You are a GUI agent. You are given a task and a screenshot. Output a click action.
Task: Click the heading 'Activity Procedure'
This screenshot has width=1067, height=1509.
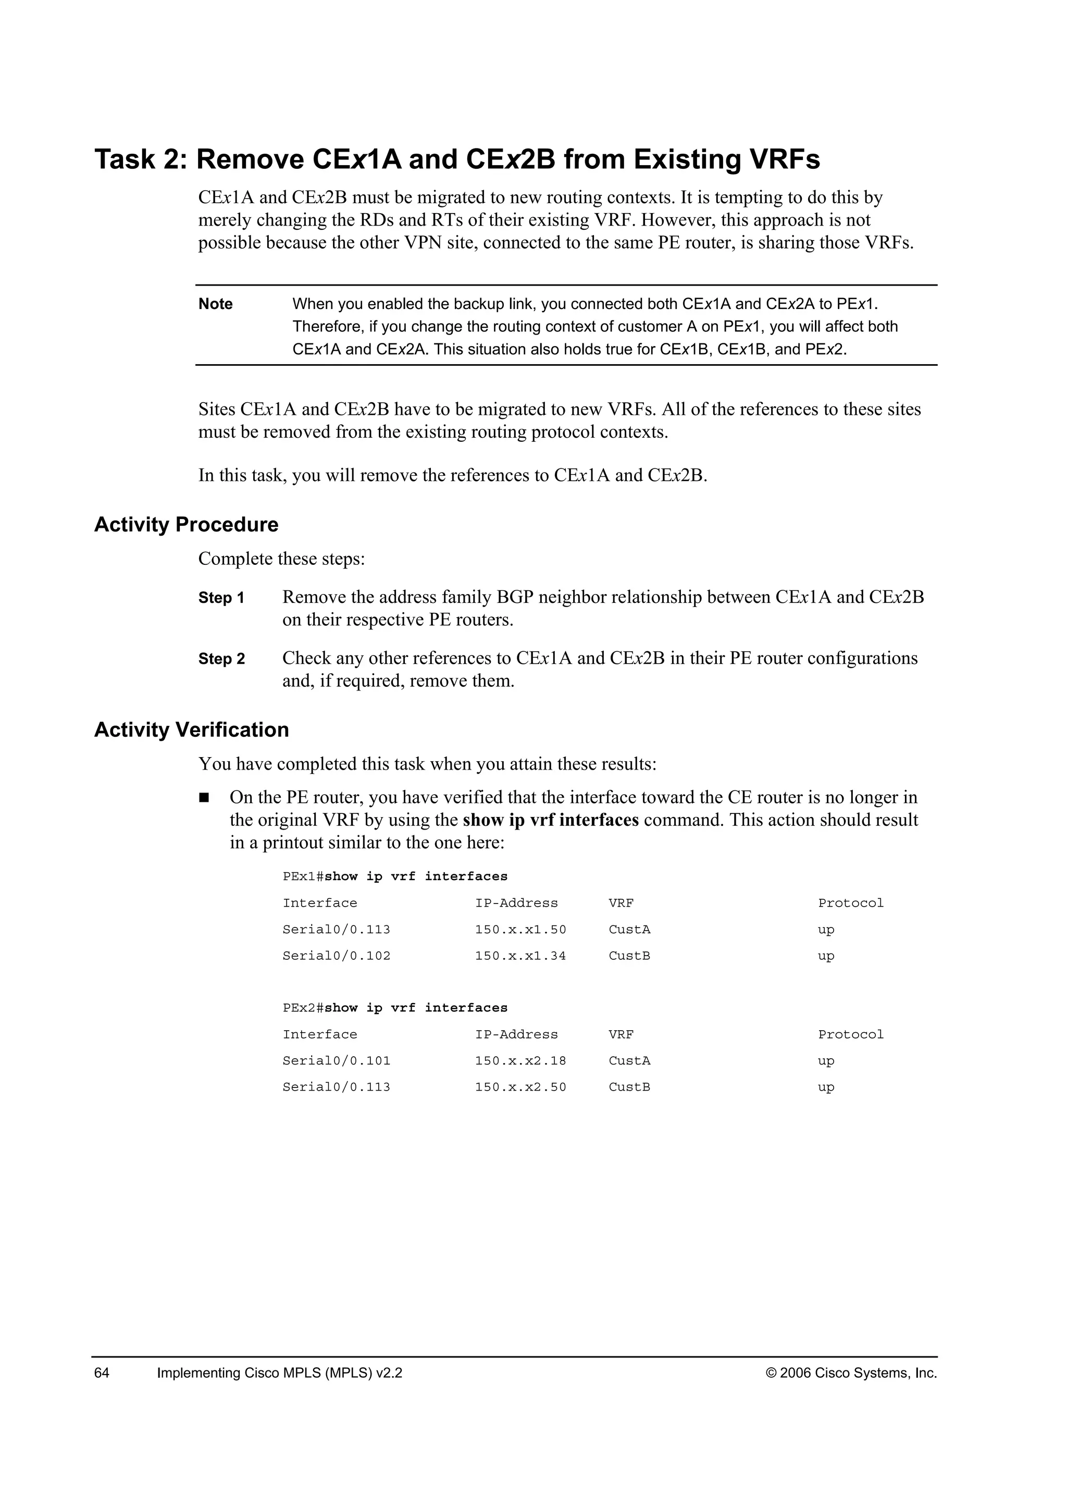click(x=186, y=525)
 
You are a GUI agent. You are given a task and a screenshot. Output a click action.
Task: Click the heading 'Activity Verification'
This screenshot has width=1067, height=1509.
click(x=191, y=729)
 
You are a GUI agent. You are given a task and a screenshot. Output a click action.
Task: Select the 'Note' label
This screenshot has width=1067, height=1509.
click(x=216, y=304)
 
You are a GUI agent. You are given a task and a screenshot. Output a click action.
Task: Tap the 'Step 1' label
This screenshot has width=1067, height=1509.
click(x=221, y=598)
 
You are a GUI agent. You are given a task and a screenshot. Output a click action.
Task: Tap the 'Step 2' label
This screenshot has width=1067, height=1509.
click(x=221, y=659)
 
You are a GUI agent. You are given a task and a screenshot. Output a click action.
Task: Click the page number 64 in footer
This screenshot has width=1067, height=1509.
click(x=102, y=1373)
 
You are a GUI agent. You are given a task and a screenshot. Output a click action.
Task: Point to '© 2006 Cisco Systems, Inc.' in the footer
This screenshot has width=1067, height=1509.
click(x=851, y=1373)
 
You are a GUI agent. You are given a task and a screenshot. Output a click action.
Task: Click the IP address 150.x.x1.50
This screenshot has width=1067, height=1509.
click(x=520, y=930)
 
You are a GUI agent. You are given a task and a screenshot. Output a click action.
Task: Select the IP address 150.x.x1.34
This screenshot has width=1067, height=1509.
click(x=520, y=956)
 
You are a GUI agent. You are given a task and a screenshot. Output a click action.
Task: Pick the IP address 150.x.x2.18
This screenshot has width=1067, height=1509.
click(x=520, y=1061)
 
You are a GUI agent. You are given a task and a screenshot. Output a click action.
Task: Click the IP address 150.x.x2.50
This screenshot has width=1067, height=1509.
click(x=520, y=1087)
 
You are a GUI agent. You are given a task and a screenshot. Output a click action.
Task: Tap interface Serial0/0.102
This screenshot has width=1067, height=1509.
click(x=337, y=956)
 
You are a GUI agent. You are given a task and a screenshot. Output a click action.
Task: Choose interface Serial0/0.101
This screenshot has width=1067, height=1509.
click(x=337, y=1061)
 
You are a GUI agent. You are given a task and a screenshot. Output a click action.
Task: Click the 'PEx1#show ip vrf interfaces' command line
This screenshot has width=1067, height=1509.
click(x=395, y=876)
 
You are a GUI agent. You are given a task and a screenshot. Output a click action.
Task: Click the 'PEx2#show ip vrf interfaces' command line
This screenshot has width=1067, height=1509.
click(x=395, y=1008)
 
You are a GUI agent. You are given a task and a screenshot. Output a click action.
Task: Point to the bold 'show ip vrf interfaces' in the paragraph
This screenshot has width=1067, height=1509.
click(x=551, y=820)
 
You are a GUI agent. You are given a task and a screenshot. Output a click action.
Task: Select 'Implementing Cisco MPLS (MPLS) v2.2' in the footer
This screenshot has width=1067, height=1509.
click(x=279, y=1373)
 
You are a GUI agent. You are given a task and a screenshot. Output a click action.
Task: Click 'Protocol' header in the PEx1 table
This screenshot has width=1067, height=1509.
click(x=851, y=903)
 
